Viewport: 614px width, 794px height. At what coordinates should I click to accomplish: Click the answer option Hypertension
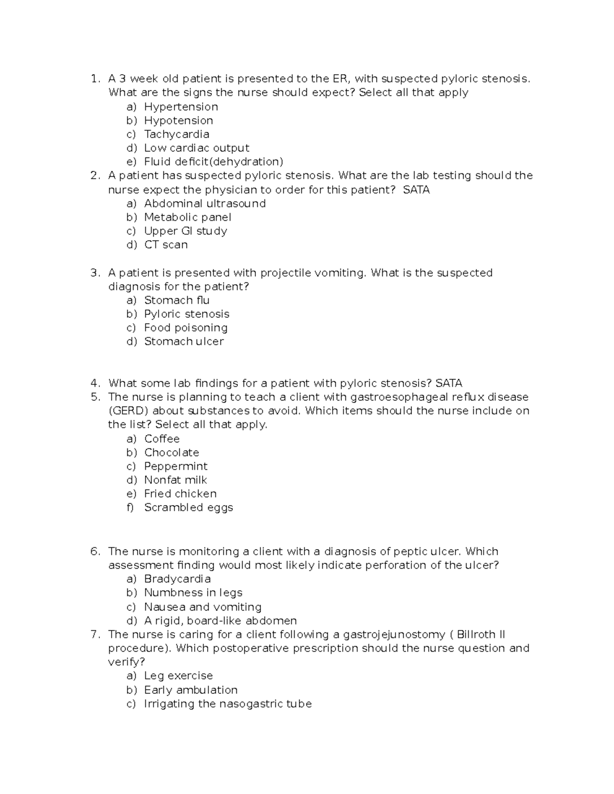pyautogui.click(x=181, y=107)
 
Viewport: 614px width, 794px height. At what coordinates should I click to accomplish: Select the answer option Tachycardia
pyautogui.click(x=177, y=134)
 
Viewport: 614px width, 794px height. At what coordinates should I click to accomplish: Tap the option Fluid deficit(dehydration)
pyautogui.click(x=213, y=162)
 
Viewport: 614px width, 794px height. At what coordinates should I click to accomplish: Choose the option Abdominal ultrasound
pyautogui.click(x=205, y=203)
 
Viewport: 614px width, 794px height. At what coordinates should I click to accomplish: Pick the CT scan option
pyautogui.click(x=166, y=245)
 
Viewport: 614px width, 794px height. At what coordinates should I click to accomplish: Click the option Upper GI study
pyautogui.click(x=185, y=231)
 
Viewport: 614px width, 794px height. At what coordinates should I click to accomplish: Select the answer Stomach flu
pyautogui.click(x=177, y=300)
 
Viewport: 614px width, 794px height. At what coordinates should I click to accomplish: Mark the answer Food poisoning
pyautogui.click(x=186, y=328)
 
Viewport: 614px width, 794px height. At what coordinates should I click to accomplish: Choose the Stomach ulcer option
pyautogui.click(x=184, y=342)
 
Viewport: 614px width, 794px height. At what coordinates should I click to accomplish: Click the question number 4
pyautogui.click(x=94, y=383)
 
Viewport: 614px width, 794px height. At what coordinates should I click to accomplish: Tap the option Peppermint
pyautogui.click(x=176, y=466)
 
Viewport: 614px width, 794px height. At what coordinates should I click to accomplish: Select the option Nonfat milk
pyautogui.click(x=176, y=480)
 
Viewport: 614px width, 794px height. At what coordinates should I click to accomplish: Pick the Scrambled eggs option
pyautogui.click(x=188, y=508)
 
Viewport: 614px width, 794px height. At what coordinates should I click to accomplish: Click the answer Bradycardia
pyautogui.click(x=177, y=579)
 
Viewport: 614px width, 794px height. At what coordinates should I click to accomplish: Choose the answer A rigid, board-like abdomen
pyautogui.click(x=220, y=621)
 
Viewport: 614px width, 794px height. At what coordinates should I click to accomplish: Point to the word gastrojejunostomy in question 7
pyautogui.click(x=394, y=634)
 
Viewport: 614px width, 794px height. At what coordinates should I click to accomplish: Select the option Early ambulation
pyautogui.click(x=190, y=690)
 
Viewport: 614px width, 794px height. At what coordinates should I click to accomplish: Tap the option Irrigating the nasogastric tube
pyautogui.click(x=228, y=704)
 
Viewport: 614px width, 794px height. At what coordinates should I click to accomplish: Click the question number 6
pyautogui.click(x=94, y=552)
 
